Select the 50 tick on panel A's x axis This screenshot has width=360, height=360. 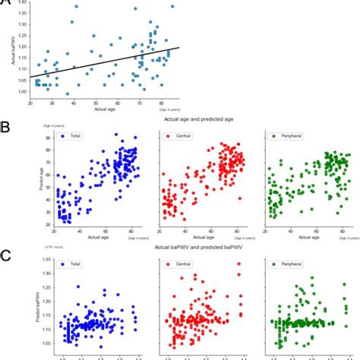[x=96, y=103]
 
